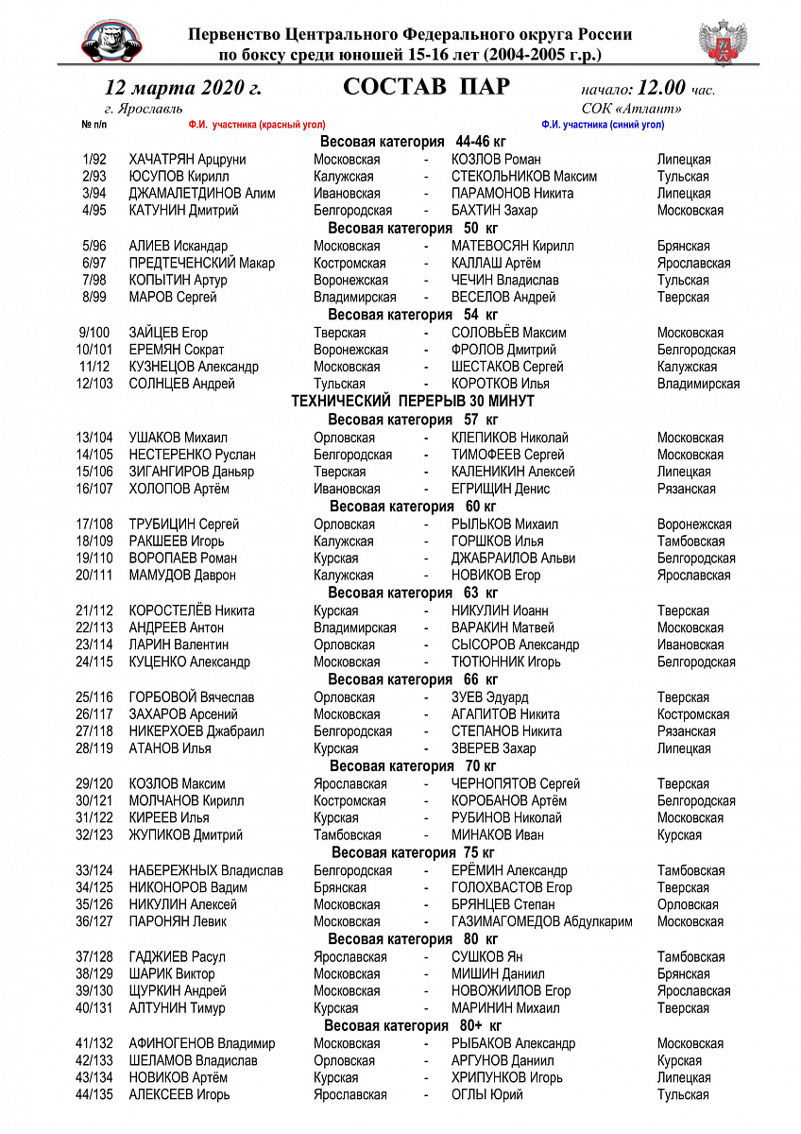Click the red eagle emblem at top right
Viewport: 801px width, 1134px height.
coord(723,42)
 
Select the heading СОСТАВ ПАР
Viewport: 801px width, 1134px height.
coord(426,88)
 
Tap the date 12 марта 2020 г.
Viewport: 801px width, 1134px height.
coord(183,89)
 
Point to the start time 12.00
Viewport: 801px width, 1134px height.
coord(661,89)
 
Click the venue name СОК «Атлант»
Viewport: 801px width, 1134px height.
coord(632,109)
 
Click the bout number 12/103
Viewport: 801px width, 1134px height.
coord(94,384)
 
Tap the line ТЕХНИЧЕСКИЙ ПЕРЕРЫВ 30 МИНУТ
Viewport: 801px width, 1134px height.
coord(413,402)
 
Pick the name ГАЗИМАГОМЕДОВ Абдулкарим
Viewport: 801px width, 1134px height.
coord(542,921)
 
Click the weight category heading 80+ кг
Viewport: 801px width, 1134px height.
coord(413,1025)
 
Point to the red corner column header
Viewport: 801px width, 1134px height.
coord(257,125)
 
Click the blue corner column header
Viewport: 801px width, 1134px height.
coord(603,125)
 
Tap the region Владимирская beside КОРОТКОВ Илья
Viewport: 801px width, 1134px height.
coord(698,384)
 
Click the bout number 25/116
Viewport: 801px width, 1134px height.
coord(94,697)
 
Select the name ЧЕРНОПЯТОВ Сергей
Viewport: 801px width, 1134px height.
coord(516,783)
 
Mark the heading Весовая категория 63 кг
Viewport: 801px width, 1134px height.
coord(413,593)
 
